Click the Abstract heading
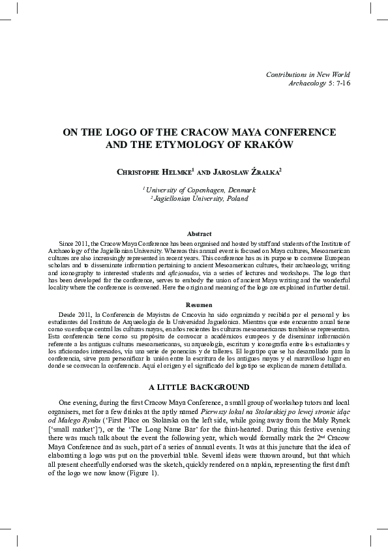pyautogui.click(x=199, y=233)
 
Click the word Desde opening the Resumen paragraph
pyautogui.click(x=68, y=314)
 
